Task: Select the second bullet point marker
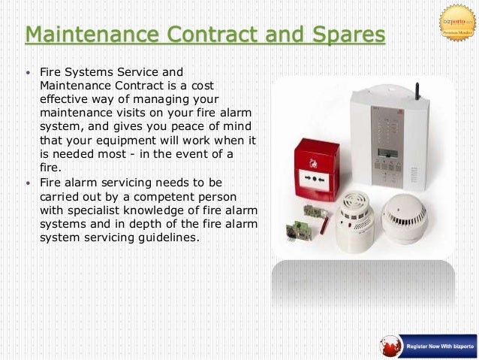pyautogui.click(x=29, y=183)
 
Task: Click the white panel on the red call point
pyautogui.click(x=314, y=179)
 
